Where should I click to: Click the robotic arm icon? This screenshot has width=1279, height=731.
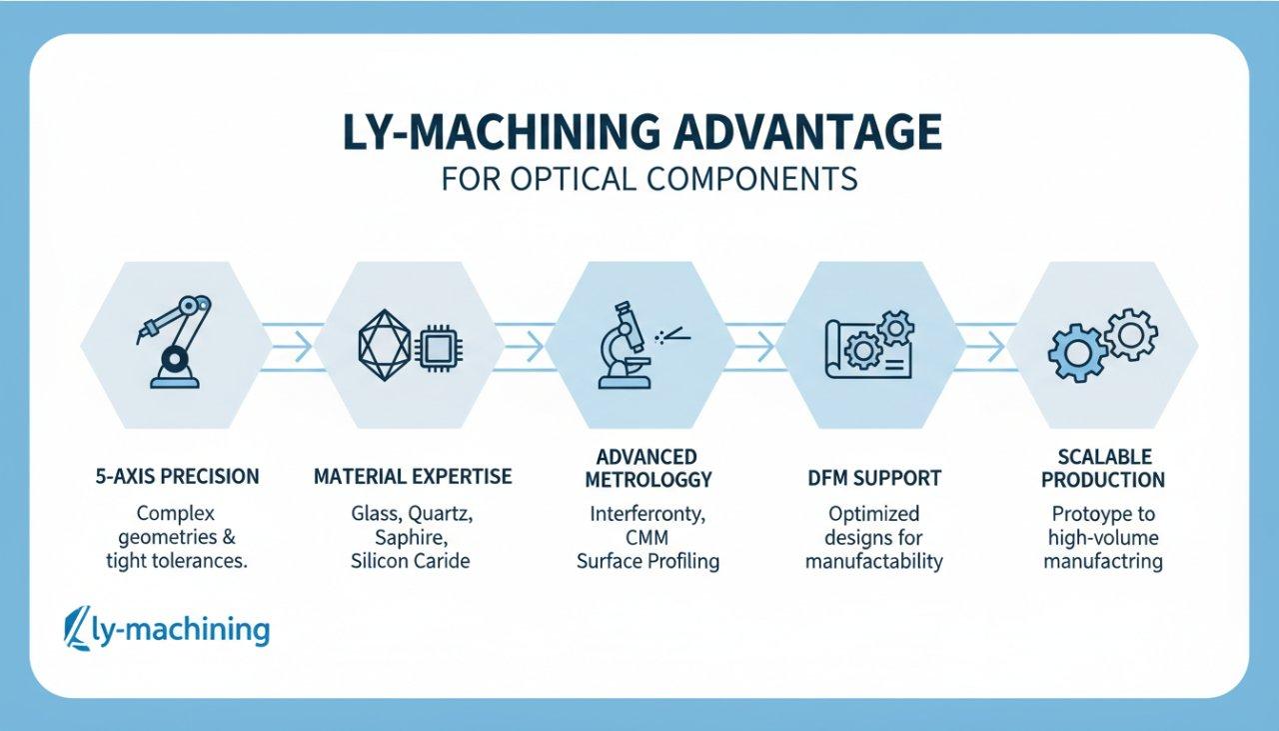(x=174, y=340)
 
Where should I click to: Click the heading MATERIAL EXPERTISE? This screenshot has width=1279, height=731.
(x=413, y=476)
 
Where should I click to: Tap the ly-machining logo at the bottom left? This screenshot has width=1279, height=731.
(x=167, y=630)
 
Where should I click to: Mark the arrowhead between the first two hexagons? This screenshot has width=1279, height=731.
(x=302, y=347)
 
